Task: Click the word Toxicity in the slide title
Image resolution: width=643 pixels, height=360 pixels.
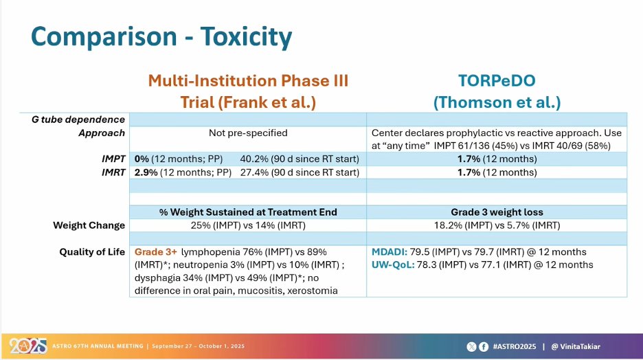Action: [x=246, y=37]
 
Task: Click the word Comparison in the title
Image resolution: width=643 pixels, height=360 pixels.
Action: [x=104, y=37]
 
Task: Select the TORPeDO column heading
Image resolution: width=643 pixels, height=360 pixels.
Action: [x=497, y=81]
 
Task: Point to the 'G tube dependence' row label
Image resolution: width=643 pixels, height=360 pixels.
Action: [x=78, y=120]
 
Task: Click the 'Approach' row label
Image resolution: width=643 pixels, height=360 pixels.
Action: [x=102, y=133]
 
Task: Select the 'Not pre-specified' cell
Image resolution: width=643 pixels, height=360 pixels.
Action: [x=248, y=133]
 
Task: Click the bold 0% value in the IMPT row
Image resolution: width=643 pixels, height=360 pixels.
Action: [x=142, y=159]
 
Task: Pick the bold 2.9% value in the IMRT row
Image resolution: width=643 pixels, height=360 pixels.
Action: [x=146, y=172]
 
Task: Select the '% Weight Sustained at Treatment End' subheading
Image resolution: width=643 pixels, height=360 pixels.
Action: [x=248, y=212]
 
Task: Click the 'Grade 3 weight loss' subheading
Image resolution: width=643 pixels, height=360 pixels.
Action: [x=497, y=212]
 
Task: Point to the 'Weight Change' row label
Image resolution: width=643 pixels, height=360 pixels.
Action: [x=89, y=225]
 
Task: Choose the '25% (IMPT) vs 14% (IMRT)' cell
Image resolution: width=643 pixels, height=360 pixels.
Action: [x=248, y=225]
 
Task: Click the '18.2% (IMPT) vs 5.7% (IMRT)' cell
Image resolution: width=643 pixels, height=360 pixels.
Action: [x=497, y=225]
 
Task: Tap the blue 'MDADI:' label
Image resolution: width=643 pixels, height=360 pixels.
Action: [x=390, y=251]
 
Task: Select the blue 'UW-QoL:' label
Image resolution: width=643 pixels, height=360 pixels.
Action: [x=393, y=265]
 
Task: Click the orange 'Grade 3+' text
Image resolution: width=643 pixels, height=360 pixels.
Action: [x=156, y=251]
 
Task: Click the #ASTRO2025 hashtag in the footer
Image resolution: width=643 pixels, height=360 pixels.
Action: [x=515, y=346]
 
